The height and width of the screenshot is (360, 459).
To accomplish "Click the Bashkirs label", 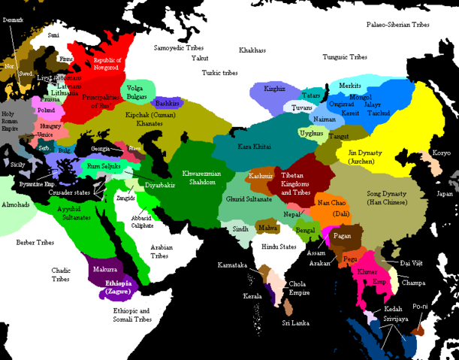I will [166, 103].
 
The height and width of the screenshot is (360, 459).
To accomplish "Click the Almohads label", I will [16, 204].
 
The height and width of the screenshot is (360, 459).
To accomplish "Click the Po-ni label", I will [419, 307].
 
